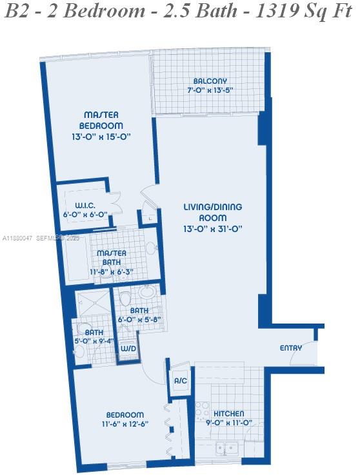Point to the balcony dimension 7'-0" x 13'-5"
coord(210,90)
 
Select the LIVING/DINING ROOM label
coord(212,212)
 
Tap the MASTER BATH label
coord(111,257)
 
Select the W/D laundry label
coord(128,348)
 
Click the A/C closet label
coord(180,381)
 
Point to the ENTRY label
coord(290,348)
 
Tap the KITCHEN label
coord(229,414)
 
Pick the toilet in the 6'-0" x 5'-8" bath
coord(126,298)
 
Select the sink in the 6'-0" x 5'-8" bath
coord(148,293)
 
